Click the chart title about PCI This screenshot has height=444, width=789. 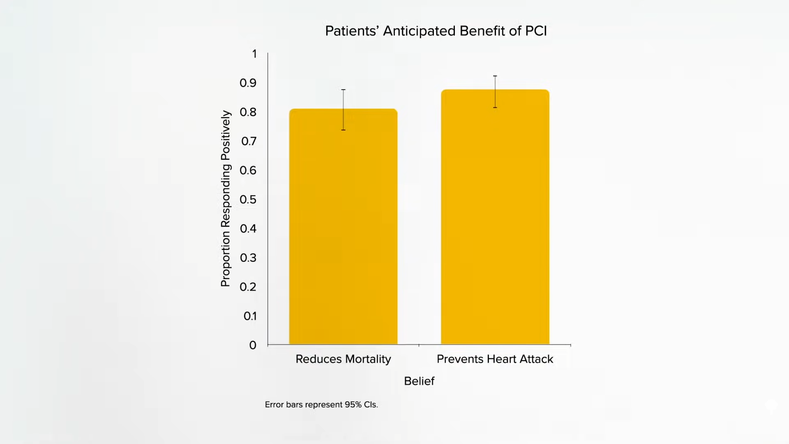[436, 31]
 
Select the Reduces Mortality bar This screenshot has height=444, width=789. [343, 230]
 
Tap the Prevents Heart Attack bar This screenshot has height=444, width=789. [495, 222]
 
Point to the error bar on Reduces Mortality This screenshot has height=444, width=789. [343, 109]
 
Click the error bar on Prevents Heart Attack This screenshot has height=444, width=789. [495, 92]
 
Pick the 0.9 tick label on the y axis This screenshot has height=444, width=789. [248, 83]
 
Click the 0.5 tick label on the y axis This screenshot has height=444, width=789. [248, 200]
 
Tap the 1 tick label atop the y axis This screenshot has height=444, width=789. [254, 54]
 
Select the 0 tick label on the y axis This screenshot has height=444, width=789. [253, 345]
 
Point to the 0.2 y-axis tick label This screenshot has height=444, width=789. [248, 287]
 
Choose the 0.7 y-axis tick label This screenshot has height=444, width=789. [249, 141]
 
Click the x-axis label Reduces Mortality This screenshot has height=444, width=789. [343, 359]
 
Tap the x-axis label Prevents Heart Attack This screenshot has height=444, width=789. [495, 359]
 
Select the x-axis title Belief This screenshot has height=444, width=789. [419, 381]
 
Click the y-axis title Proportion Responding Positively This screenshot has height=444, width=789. [226, 198]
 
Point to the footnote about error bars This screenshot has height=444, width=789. [321, 405]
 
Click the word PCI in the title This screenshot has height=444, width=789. [536, 31]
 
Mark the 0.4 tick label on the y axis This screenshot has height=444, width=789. [248, 229]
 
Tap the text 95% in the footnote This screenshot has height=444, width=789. [353, 405]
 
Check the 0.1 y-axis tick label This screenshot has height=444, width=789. [250, 316]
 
